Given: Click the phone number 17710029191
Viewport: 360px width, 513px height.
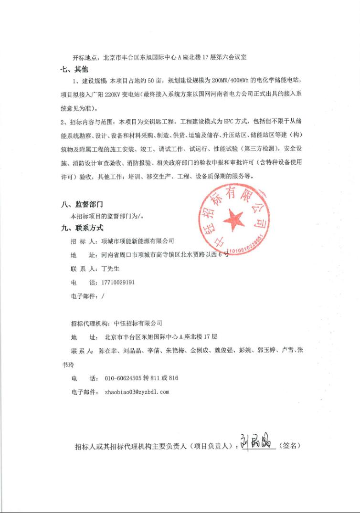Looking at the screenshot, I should point(118,283).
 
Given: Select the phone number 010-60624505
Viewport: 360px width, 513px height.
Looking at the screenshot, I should point(123,378).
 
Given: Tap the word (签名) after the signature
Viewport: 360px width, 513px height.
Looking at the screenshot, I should point(290,446).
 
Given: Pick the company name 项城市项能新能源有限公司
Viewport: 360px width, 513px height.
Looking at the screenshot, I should point(138,241).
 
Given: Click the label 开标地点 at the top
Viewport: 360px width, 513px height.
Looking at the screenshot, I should point(85,57).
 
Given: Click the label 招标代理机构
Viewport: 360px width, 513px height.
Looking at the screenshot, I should point(90,323).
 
